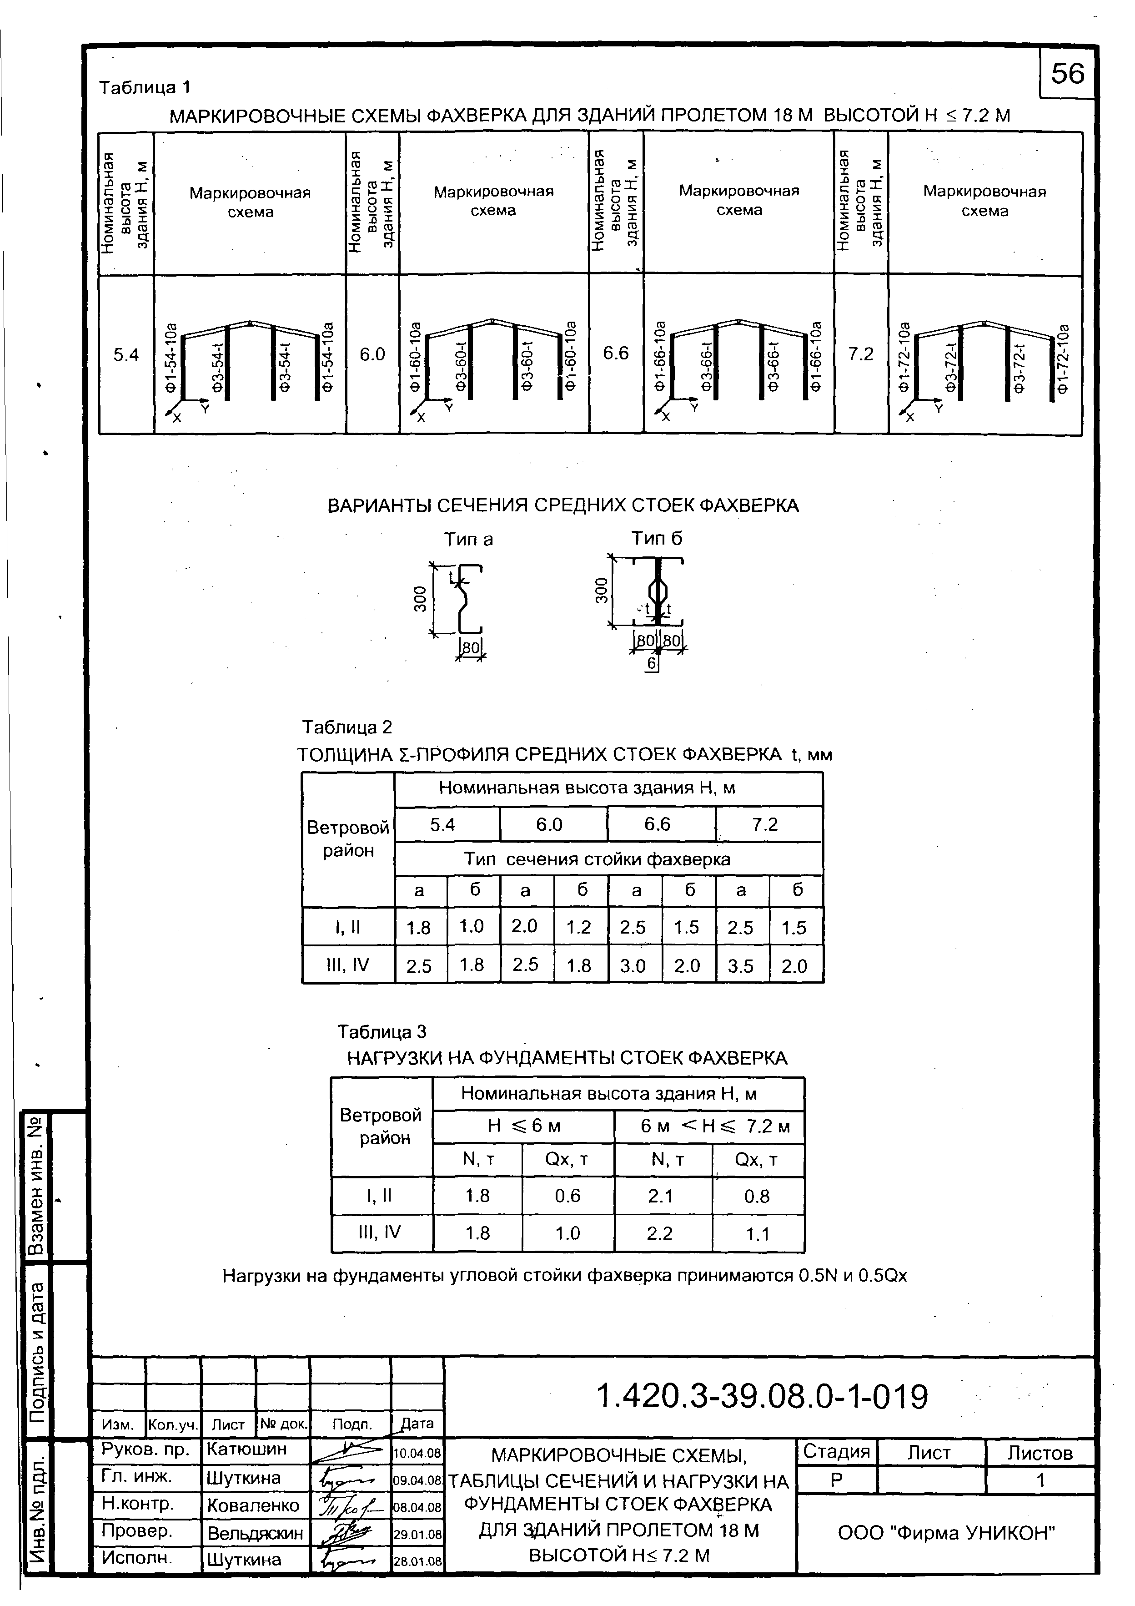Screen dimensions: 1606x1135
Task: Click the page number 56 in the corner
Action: point(1067,73)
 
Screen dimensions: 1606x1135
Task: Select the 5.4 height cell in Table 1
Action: point(126,354)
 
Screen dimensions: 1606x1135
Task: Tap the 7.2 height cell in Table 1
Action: point(861,354)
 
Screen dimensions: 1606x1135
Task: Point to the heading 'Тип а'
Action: point(468,539)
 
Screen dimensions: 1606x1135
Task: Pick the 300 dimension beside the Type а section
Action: point(420,600)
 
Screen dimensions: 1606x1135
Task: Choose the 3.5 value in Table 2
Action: point(741,966)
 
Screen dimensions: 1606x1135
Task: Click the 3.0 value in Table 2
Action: point(633,966)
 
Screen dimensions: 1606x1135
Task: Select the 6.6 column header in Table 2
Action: point(658,824)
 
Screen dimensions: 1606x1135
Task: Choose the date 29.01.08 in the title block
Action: point(417,1535)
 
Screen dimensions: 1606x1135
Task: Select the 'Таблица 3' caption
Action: point(382,1032)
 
